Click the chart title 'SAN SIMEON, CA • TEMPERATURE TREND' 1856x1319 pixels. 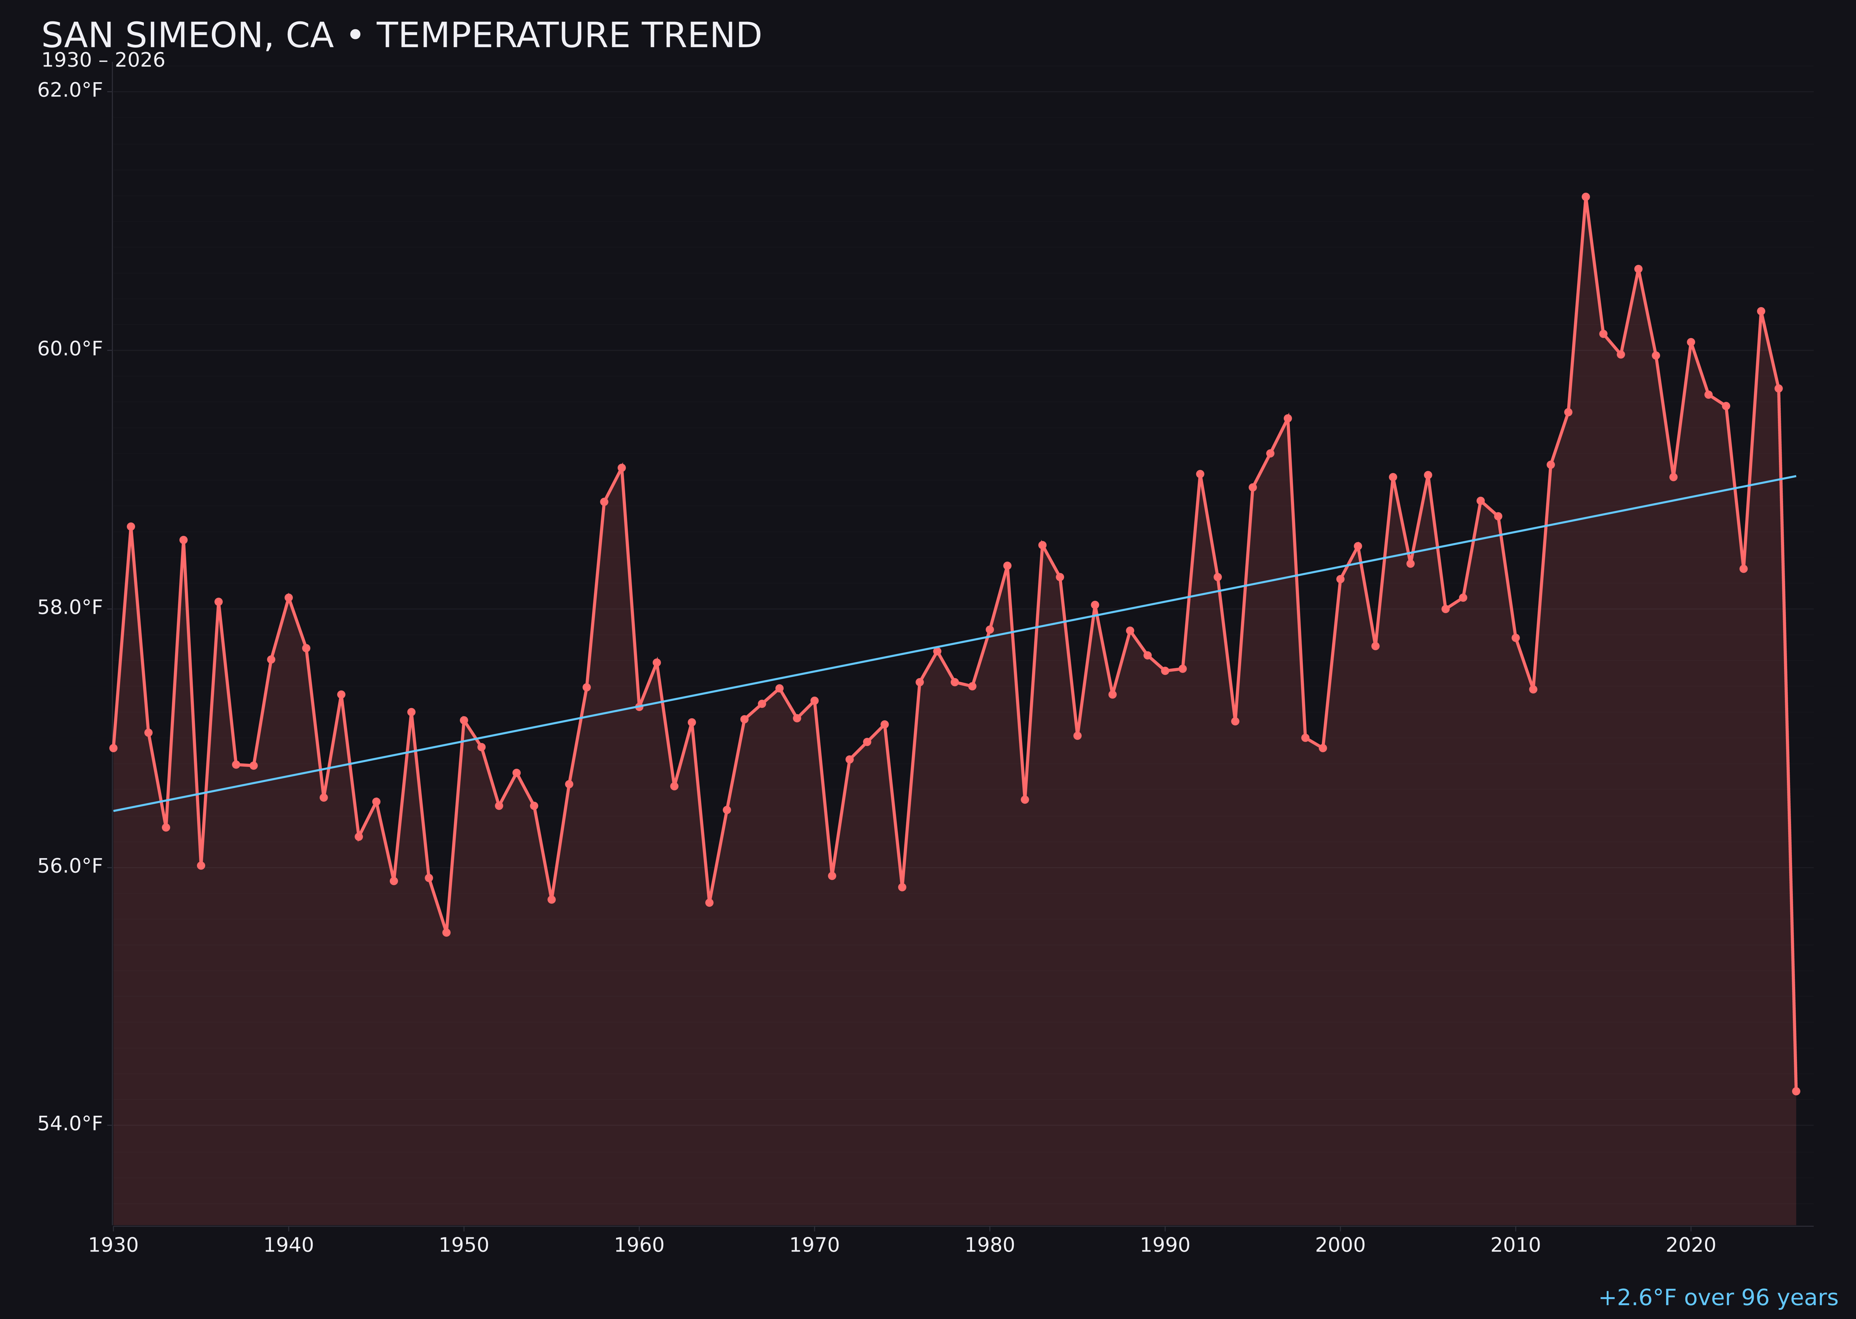[401, 36]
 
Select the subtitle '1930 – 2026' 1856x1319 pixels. [103, 61]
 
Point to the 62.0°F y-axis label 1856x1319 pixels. [70, 90]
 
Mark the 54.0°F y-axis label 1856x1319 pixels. [70, 1124]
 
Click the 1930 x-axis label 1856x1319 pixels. [114, 1245]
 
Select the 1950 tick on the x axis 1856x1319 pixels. [464, 1245]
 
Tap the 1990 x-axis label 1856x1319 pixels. [1165, 1245]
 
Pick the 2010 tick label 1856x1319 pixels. [1515, 1245]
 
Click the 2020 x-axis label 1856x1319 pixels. [1691, 1245]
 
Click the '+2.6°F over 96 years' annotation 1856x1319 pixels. [1718, 1298]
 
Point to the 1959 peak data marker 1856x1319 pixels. [622, 468]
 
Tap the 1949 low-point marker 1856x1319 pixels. [446, 932]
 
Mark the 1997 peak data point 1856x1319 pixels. [1287, 418]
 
